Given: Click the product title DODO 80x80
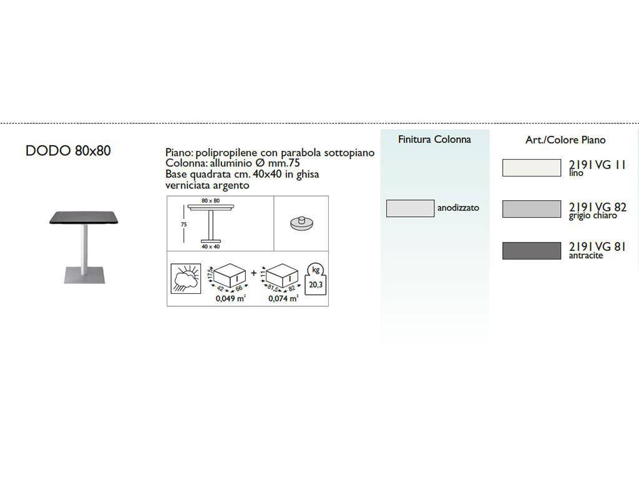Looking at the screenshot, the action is tap(68, 151).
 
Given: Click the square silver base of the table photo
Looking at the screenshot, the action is tap(84, 275).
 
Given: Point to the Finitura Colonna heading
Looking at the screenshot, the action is tap(434, 139).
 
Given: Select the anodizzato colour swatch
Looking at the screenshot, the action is tap(410, 208).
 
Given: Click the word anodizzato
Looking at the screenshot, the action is tap(458, 208).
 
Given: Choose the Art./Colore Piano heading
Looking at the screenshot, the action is tap(565, 140).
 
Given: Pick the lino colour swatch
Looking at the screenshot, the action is tap(532, 168).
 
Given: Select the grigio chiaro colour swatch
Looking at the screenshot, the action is tap(532, 209).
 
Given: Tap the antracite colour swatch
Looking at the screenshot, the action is tap(532, 251).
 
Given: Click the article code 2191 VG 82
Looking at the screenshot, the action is tap(597, 207).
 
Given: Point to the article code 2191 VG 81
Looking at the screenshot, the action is tap(597, 246).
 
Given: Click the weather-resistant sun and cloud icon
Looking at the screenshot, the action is tap(186, 279).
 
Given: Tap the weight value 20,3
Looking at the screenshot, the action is tap(316, 284).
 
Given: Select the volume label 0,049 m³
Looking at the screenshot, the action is tap(231, 298).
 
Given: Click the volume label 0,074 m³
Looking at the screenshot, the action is tap(283, 298).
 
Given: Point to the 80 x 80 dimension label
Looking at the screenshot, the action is tap(211, 201).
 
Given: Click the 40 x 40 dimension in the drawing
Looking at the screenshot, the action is tap(211, 246).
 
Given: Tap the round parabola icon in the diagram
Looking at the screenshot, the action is tap(302, 223).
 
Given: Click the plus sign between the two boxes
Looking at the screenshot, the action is tap(253, 273).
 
